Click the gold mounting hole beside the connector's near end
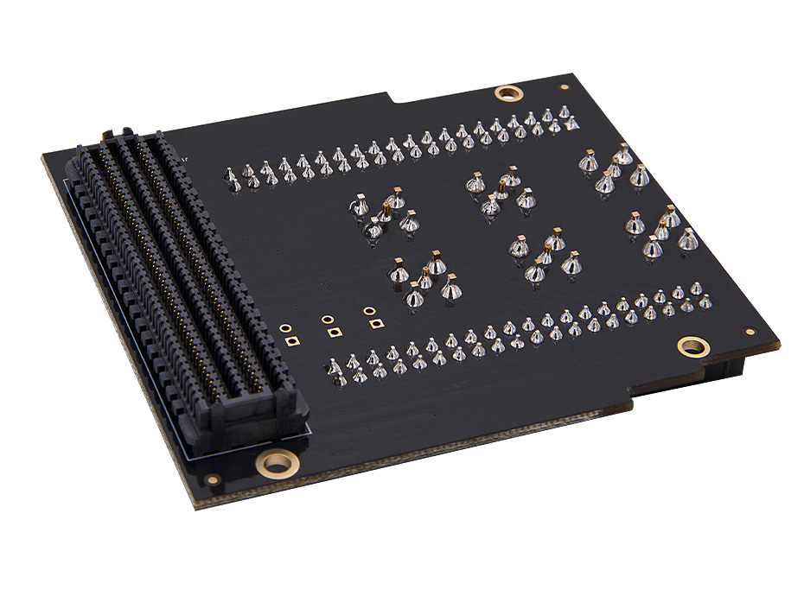point(278,462)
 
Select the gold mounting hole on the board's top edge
point(507,92)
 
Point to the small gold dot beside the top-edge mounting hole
point(564,87)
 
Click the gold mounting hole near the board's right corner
point(692,346)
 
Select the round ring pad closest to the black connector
point(284,328)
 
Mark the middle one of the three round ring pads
point(327,319)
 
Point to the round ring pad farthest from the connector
point(369,309)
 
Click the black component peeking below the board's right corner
point(724,366)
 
